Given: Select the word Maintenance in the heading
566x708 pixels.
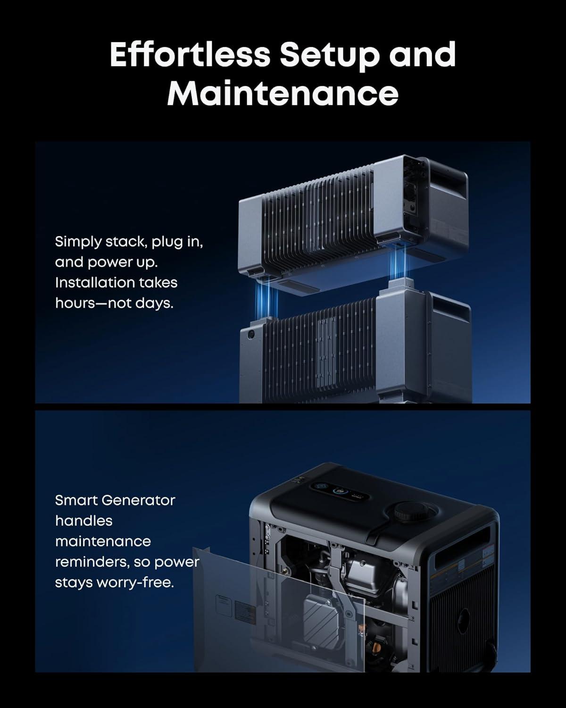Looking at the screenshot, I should point(283,93).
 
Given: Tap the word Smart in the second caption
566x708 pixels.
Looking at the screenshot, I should point(75,500).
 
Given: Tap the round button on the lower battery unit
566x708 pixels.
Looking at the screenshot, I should point(250,333).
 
